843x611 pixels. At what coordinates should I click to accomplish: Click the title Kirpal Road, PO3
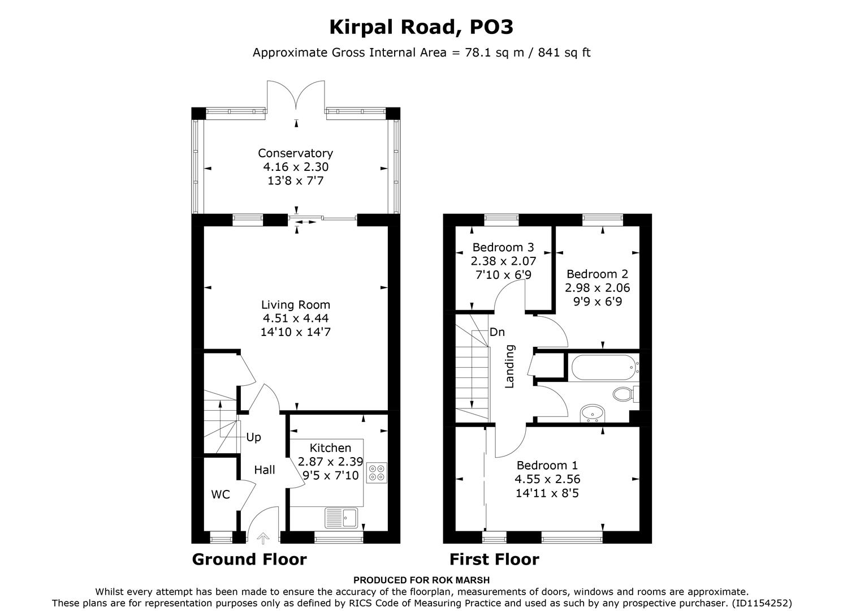tap(421, 27)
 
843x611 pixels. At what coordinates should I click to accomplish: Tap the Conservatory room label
tap(295, 153)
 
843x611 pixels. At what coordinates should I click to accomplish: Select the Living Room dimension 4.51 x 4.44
tap(295, 318)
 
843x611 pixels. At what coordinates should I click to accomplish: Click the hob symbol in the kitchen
tap(377, 473)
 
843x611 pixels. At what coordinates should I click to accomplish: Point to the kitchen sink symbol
tap(341, 517)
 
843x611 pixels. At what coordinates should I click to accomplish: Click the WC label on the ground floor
tap(221, 494)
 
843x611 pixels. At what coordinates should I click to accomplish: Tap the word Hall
tap(264, 470)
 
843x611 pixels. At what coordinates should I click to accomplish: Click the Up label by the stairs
tap(253, 437)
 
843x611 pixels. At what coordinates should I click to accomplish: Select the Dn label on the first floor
tap(497, 332)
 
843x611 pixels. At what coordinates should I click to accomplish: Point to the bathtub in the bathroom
tap(603, 368)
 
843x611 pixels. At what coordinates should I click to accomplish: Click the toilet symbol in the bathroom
tap(622, 394)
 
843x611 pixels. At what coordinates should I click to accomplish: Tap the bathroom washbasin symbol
tap(593, 414)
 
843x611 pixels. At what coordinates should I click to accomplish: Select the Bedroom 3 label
tap(503, 247)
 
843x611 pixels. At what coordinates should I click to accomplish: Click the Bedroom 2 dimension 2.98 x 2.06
tap(597, 287)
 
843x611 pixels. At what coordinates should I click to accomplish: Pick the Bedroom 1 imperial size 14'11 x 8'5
tap(547, 493)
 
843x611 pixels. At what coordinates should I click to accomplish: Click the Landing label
tap(510, 366)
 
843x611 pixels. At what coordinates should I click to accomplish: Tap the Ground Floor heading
tap(249, 560)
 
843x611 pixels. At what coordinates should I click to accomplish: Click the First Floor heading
tap(494, 560)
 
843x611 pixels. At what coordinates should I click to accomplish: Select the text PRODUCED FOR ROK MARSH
tap(421, 580)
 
